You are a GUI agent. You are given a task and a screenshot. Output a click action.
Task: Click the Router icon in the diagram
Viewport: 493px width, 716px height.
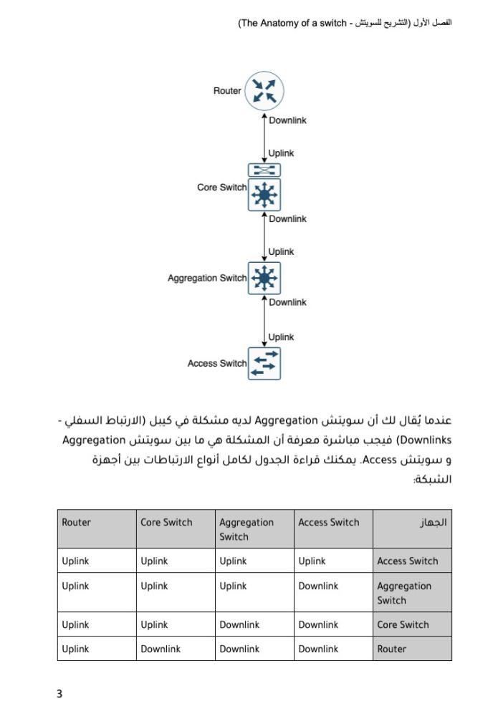coord(264,91)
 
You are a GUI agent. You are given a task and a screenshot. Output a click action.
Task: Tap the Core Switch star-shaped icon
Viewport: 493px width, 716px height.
coord(264,195)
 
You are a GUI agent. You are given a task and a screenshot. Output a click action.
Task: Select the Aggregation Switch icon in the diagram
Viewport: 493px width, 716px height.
coord(264,278)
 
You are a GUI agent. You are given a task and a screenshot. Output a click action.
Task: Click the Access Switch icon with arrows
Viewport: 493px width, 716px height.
coord(264,363)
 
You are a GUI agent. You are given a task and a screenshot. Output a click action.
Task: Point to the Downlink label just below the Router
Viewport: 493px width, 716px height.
coord(287,120)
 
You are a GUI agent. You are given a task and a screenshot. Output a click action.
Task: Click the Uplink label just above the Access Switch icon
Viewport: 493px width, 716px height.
coord(281,337)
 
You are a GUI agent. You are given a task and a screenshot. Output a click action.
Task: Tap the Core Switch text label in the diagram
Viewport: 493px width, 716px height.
coord(221,188)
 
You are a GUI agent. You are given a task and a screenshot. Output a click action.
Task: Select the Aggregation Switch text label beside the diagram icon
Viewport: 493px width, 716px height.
coord(206,278)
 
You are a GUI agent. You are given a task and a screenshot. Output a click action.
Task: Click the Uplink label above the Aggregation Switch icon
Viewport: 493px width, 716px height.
coord(281,251)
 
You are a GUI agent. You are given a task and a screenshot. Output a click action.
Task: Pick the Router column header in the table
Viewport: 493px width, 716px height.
coord(77,523)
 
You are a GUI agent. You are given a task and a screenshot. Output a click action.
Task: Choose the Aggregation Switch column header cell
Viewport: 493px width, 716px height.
coord(247,529)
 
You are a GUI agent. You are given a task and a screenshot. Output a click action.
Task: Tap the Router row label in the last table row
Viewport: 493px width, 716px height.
coord(391,649)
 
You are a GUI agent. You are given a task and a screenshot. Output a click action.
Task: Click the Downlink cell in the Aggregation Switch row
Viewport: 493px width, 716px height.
coord(318,586)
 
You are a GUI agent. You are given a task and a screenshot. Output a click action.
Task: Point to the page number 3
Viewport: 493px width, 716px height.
coord(59,693)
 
